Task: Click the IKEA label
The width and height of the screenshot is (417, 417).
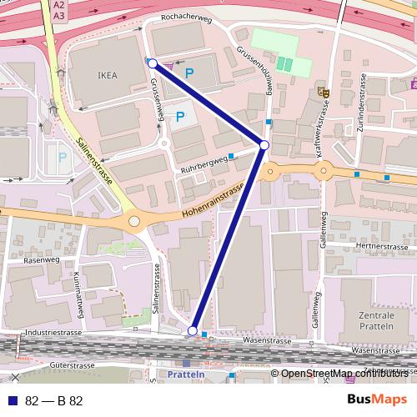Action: click(x=108, y=75)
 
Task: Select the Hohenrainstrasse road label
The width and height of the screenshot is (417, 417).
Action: click(x=212, y=205)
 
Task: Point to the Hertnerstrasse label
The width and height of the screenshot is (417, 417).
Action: click(x=380, y=247)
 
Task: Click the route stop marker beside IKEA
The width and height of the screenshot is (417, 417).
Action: click(x=152, y=63)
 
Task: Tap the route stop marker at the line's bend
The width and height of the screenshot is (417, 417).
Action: click(x=264, y=146)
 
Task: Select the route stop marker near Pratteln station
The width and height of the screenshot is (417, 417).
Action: click(x=193, y=331)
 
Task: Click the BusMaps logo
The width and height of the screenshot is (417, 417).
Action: click(x=377, y=399)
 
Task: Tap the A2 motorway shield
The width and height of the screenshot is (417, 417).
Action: click(x=59, y=4)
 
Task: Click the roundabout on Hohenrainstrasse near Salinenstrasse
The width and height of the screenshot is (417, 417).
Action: click(x=134, y=222)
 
